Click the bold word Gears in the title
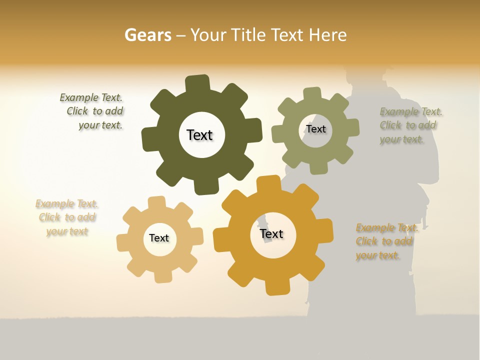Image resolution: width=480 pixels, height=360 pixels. pos(147,35)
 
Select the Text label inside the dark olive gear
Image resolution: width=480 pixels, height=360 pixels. pos(199,135)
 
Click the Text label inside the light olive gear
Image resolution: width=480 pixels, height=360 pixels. pos(316,129)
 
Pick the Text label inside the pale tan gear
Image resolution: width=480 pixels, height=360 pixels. pos(159,238)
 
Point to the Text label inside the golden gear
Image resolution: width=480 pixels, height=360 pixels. pos(271,233)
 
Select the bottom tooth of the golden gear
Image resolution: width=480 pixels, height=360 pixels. pos(277,287)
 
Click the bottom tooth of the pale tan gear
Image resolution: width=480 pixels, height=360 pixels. pos(162,276)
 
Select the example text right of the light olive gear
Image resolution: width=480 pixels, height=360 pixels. pos(410,125)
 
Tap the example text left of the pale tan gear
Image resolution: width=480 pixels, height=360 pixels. pos(67,217)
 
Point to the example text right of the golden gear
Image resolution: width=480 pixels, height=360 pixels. pos(386,241)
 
